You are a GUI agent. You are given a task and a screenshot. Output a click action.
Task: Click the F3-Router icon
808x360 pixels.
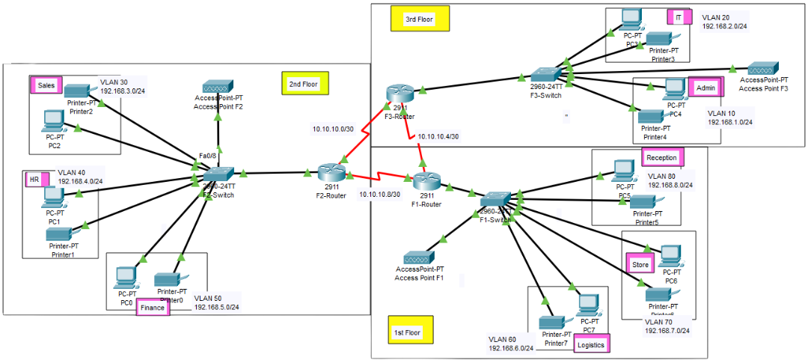(x=400, y=94)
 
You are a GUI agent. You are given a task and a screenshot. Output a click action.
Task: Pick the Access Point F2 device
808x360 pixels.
(x=218, y=86)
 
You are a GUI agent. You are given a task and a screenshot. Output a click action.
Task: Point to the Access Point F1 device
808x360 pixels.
(x=419, y=256)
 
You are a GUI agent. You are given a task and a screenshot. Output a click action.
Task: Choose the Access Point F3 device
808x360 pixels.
(x=763, y=68)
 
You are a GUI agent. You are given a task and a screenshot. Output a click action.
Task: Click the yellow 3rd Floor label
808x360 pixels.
(x=419, y=19)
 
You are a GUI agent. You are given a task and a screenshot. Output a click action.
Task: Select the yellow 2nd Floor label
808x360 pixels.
(x=303, y=84)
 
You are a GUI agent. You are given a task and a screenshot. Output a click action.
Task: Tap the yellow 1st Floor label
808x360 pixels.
(x=407, y=332)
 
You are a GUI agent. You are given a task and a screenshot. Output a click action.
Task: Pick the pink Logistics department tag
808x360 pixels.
(x=591, y=344)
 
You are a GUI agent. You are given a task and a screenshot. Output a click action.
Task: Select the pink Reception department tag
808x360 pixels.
(x=661, y=158)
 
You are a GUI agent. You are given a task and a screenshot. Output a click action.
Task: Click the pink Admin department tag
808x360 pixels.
(x=705, y=88)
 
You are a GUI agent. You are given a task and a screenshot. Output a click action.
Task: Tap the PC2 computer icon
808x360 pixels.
(x=52, y=120)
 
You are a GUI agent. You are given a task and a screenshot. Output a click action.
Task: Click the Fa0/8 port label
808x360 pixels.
(x=207, y=156)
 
